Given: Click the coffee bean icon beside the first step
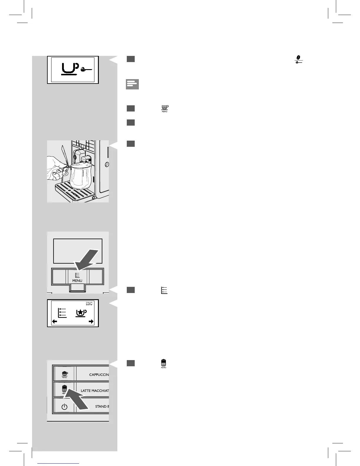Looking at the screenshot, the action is point(299,59).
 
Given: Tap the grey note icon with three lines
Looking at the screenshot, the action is point(132,84).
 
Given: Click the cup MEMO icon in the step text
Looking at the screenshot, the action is point(164,109).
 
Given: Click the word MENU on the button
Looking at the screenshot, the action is point(77,281).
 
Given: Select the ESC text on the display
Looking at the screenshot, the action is point(89,303).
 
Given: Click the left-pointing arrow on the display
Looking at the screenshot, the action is point(55,322).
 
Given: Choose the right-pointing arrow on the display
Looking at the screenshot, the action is point(91,322).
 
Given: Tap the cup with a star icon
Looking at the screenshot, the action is point(80,313).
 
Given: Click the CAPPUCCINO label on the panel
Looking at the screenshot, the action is point(99,375).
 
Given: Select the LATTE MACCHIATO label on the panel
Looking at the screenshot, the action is point(95,391).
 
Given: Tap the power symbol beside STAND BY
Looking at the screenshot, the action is point(64,407).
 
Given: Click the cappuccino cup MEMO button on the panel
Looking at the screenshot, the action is point(65,374).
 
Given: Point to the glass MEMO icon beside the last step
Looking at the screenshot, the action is point(164,364).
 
